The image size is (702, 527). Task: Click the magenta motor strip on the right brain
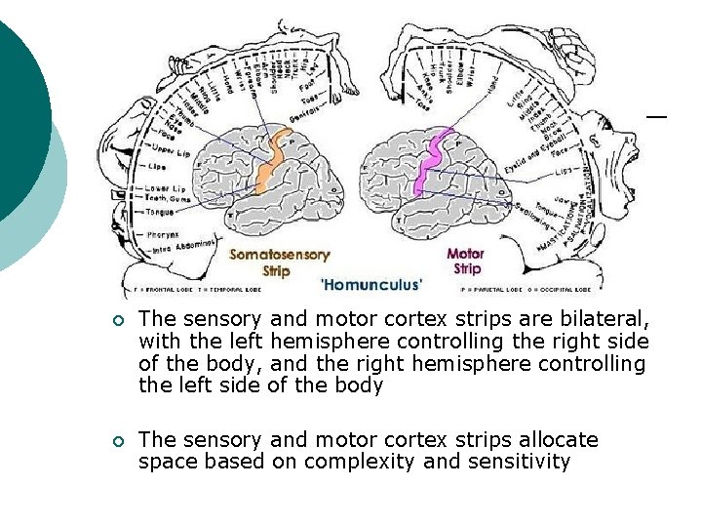pos(429,161)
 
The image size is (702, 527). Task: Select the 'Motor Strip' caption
pos(465,262)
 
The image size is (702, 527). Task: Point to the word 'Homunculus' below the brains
pos(371,285)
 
